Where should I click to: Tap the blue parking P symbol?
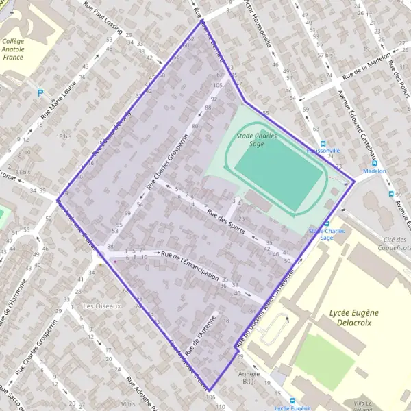[x=40, y=92]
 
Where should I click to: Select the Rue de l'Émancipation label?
[x=190, y=266]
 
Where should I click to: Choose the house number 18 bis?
[x=64, y=137]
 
